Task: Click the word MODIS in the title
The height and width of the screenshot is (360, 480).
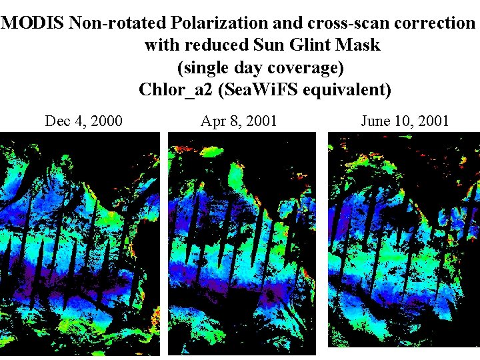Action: click(34, 23)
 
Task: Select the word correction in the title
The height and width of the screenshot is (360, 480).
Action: click(433, 23)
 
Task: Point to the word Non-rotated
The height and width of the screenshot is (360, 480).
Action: click(118, 23)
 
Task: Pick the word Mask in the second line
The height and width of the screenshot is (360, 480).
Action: click(359, 45)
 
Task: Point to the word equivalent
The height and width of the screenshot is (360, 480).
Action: click(346, 89)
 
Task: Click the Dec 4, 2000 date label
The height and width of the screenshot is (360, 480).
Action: click(83, 121)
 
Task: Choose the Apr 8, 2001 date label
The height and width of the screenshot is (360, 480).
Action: click(239, 121)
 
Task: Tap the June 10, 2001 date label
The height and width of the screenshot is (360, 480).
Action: click(405, 121)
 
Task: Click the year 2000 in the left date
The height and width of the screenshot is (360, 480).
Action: click(106, 121)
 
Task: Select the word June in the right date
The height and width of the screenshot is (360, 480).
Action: click(375, 121)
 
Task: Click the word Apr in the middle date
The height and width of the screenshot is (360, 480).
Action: click(213, 121)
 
